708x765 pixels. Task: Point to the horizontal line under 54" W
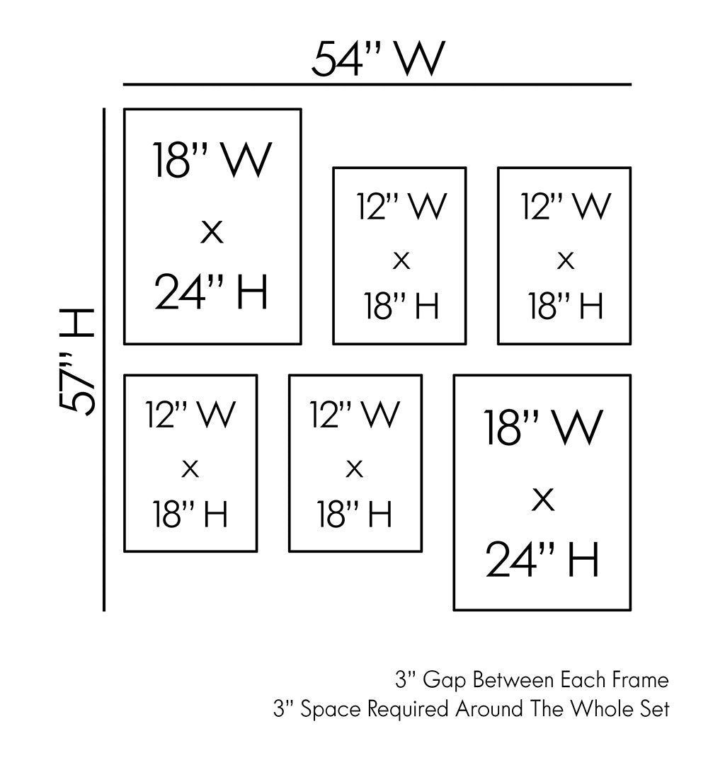click(x=377, y=85)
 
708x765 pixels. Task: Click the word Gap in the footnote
click(x=445, y=681)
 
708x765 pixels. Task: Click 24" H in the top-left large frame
click(x=212, y=292)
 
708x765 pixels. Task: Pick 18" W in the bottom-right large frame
click(x=543, y=427)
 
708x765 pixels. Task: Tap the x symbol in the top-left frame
click(x=212, y=231)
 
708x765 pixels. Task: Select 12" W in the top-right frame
click(x=565, y=206)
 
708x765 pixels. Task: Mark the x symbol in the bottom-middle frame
click(x=355, y=468)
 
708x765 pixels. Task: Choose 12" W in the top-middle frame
click(x=401, y=206)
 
